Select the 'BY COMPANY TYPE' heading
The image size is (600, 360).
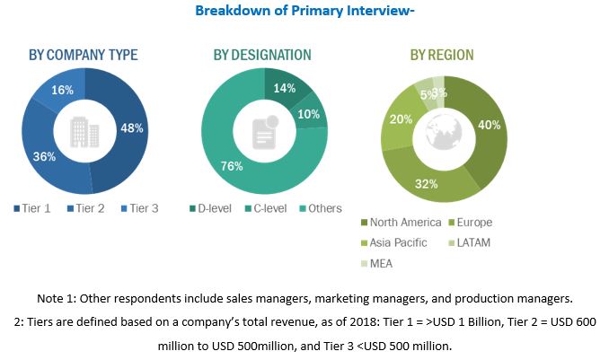pos(84,56)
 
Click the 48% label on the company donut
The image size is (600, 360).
pos(132,127)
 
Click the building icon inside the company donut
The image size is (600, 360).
pos(85,132)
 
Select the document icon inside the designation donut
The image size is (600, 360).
pos(263,132)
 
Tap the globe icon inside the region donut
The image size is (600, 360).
pos(445,132)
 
